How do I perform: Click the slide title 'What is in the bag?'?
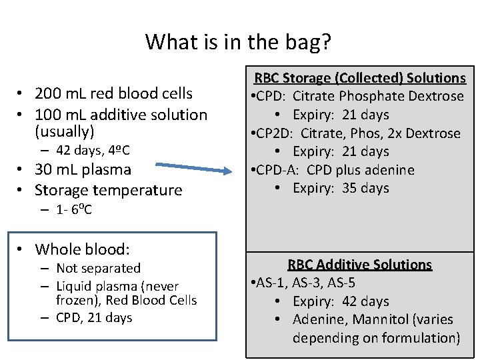(238, 42)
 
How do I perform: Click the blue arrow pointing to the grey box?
(193, 168)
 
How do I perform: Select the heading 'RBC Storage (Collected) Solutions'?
(360, 78)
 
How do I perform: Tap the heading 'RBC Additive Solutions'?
(360, 265)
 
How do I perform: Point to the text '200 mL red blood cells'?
(113, 93)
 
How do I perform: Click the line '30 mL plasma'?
(83, 169)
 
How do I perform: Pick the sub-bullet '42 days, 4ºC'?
(93, 150)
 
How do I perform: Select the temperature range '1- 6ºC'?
(74, 209)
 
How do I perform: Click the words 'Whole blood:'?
(82, 249)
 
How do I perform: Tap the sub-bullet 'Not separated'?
(98, 268)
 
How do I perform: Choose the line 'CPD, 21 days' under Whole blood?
(94, 318)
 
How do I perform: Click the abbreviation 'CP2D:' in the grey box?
(274, 133)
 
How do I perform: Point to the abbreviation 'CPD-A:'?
(277, 170)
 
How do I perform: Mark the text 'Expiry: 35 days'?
(341, 188)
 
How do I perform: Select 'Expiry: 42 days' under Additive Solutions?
(341, 301)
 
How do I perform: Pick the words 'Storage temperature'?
(109, 190)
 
